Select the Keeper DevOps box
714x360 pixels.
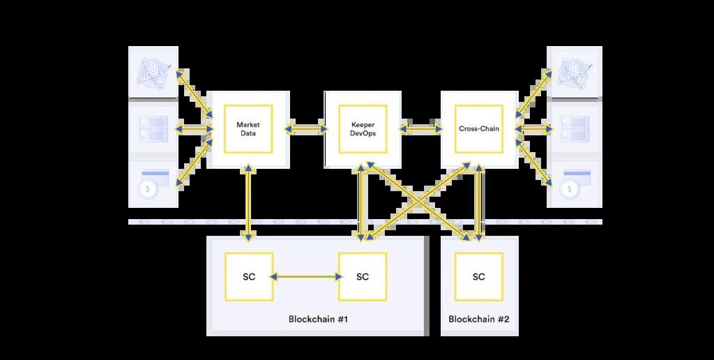pyautogui.click(x=362, y=129)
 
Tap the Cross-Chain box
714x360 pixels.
pyautogui.click(x=478, y=129)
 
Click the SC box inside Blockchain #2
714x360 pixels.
pyautogui.click(x=478, y=277)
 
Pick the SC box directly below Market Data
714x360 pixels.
pyautogui.click(x=249, y=277)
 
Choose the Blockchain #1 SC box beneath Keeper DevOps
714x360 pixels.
pyautogui.click(x=362, y=277)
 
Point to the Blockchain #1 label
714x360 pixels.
pyautogui.click(x=318, y=320)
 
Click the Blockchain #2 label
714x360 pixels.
pyautogui.click(x=478, y=320)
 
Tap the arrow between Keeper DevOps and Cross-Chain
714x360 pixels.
pyautogui.click(x=420, y=129)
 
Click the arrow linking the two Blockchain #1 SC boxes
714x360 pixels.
pyautogui.click(x=305, y=277)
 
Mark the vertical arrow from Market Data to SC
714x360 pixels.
pyautogui.click(x=248, y=202)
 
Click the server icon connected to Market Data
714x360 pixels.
pyautogui.click(x=152, y=128)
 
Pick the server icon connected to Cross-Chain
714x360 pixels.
pyautogui.click(x=575, y=128)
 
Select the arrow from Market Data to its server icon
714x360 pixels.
pyautogui.click(x=194, y=129)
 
